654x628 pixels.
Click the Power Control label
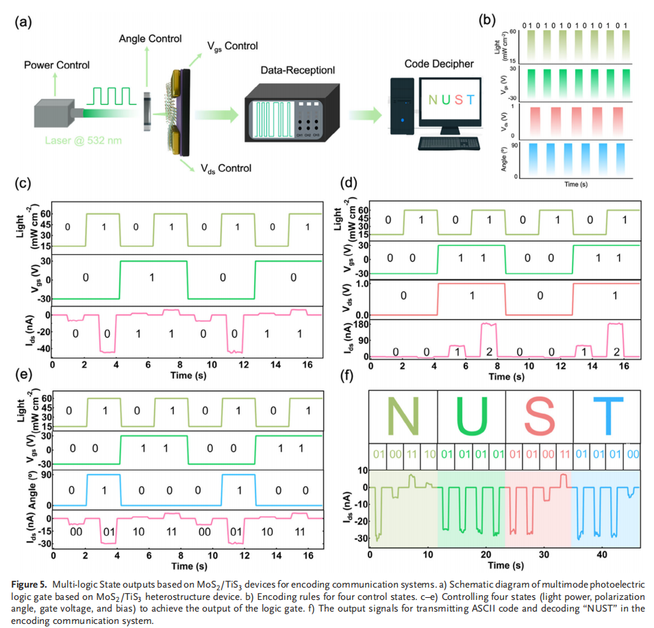[x=57, y=65]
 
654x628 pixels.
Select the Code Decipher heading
[x=438, y=64]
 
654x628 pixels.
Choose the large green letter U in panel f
[x=470, y=416]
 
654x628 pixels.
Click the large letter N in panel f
[x=402, y=416]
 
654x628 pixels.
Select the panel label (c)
[x=25, y=183]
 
